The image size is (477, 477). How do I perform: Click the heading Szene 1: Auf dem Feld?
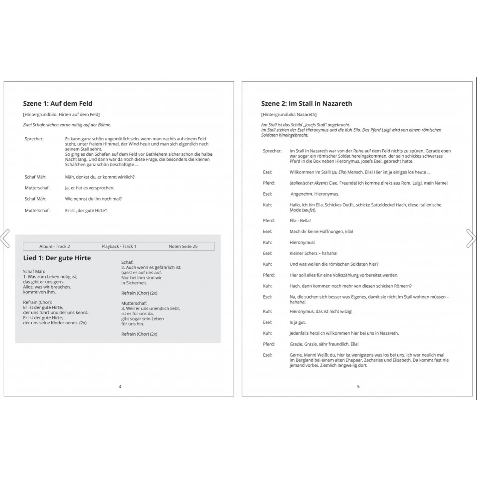click(58, 104)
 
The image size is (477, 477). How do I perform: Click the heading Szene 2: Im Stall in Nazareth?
click(306, 104)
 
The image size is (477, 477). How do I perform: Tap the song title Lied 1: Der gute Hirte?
click(57, 258)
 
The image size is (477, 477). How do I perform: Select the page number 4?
click(120, 386)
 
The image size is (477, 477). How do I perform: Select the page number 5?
click(358, 386)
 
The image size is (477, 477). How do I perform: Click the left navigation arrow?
click(5, 238)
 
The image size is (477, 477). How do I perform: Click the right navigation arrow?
click(471, 238)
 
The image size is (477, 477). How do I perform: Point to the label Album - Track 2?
click(55, 246)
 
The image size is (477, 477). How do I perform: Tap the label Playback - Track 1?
click(119, 246)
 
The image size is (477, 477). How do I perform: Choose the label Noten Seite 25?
click(183, 246)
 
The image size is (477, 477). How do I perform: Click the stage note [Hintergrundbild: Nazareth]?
click(289, 114)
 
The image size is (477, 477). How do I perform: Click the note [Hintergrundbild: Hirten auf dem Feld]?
click(61, 114)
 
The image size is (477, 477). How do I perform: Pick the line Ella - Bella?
click(300, 220)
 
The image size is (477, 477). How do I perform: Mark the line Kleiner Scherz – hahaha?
click(313, 253)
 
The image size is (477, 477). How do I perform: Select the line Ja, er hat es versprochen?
click(90, 188)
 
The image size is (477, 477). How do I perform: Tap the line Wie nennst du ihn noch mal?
click(93, 199)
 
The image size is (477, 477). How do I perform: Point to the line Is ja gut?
click(298, 322)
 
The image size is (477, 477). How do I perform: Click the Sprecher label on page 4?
click(34, 139)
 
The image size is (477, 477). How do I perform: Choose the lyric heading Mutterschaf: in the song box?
click(134, 303)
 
